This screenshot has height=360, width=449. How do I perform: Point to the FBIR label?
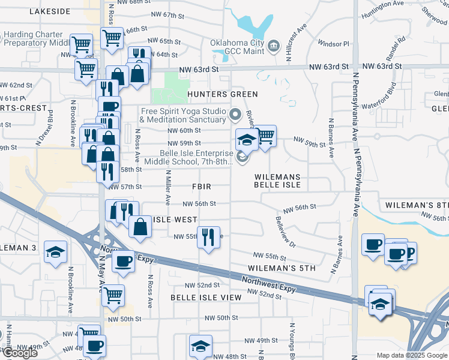click(x=201, y=187)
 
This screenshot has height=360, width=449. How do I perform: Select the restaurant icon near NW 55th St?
click(x=208, y=236)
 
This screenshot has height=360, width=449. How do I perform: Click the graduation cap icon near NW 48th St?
click(x=200, y=345)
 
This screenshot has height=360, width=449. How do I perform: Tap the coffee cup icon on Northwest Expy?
click(x=124, y=261)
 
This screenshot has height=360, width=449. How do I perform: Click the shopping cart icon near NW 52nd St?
click(x=112, y=295)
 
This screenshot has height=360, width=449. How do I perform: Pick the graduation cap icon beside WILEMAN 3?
click(x=55, y=252)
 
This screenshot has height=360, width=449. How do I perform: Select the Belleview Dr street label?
click(x=285, y=232)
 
